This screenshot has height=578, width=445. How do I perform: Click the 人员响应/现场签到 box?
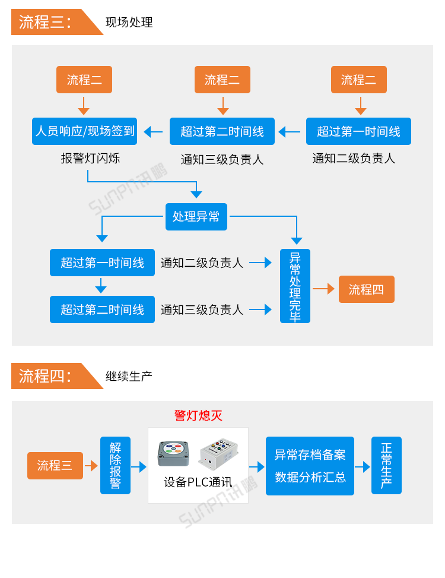pyautogui.click(x=84, y=131)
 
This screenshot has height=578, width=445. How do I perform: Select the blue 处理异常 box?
pyautogui.click(x=196, y=216)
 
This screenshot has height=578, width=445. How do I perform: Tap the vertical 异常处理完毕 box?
pyautogui.click(x=295, y=286)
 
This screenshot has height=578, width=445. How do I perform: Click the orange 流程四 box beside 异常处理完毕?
pyautogui.click(x=366, y=289)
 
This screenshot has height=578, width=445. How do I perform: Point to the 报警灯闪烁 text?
pyautogui.click(x=90, y=159)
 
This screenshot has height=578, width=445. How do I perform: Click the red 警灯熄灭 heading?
pyautogui.click(x=198, y=415)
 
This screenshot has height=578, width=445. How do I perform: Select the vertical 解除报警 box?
pyautogui.click(x=115, y=465)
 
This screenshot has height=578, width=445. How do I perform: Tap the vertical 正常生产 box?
pyautogui.click(x=386, y=465)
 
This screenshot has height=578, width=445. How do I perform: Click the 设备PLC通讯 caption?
pyautogui.click(x=198, y=482)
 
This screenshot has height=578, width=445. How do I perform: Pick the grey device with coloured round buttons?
pyautogui.click(x=173, y=453)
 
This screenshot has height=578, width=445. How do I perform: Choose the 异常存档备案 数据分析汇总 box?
pyautogui.click(x=310, y=466)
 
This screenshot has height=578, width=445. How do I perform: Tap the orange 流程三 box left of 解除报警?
pyautogui.click(x=55, y=466)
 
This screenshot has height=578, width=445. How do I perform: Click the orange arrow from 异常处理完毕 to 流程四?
pyautogui.click(x=324, y=289)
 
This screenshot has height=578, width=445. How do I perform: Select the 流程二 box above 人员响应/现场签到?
pyautogui.click(x=84, y=80)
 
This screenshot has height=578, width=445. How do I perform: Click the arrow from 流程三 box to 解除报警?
pyautogui.click(x=91, y=466)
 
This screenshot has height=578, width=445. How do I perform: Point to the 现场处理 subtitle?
pyautogui.click(x=129, y=23)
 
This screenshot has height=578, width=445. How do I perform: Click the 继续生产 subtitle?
pyautogui.click(x=129, y=376)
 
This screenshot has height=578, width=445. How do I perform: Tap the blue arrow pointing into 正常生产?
pyautogui.click(x=363, y=467)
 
